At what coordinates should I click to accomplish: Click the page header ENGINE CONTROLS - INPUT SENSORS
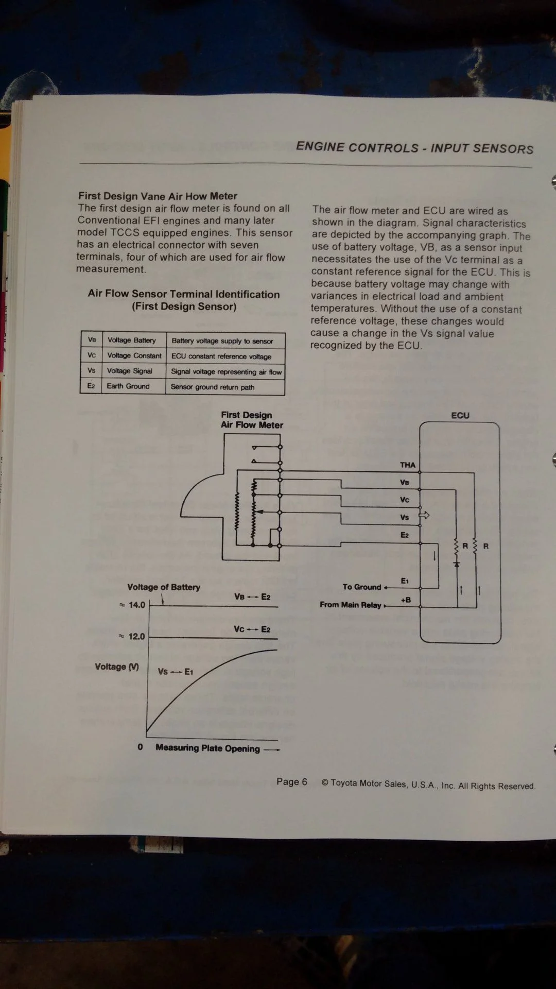pos(414,148)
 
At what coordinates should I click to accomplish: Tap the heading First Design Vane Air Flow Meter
pos(158,196)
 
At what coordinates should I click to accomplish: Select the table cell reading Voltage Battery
pos(131,340)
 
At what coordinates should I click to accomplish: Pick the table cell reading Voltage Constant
pos(134,355)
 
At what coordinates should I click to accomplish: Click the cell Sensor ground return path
pos(212,387)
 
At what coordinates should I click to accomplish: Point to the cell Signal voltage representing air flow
pos(226,371)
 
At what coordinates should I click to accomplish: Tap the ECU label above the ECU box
pos(460,415)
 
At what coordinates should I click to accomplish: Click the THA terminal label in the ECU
pos(407,465)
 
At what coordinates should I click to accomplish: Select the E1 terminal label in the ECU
pos(405,581)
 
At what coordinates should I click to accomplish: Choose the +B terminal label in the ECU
pos(406,600)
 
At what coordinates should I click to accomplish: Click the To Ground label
pos(362,587)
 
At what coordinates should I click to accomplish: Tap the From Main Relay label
pos(351,605)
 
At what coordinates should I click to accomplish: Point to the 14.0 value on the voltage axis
pos(136,605)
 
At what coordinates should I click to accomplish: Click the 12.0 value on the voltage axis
pos(136,637)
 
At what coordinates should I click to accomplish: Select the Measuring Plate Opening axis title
pos(207,748)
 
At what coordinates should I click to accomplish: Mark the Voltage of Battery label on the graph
pos(164,587)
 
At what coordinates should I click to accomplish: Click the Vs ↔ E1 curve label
pos(175,672)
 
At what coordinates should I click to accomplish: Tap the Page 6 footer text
pos(291,782)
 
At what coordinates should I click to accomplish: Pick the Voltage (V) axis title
pos(117,667)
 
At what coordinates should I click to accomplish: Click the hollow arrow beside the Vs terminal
pos(425,515)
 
